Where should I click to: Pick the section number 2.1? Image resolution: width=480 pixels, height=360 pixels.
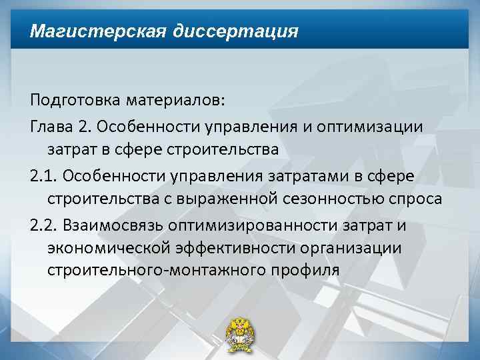click(44, 176)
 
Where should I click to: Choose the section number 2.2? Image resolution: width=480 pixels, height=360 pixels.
click(44, 225)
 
